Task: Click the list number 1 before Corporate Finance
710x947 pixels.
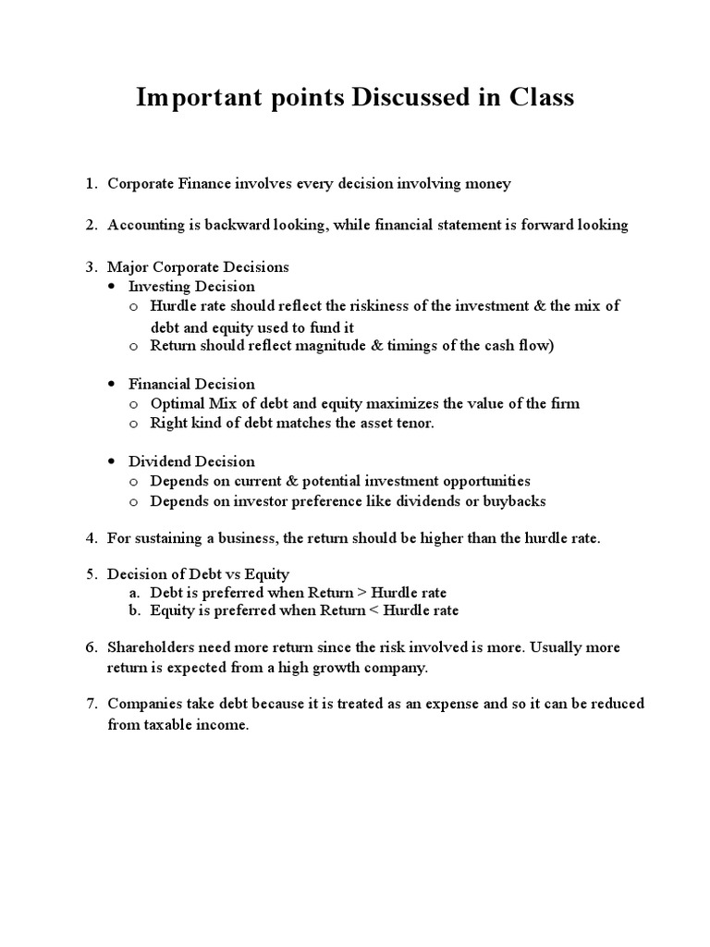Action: click(91, 184)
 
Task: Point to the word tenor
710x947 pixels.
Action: click(412, 423)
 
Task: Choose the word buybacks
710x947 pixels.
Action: click(516, 501)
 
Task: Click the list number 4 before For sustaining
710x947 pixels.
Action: click(91, 538)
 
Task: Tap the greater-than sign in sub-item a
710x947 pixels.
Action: click(361, 592)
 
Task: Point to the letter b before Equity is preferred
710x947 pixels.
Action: click(133, 610)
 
